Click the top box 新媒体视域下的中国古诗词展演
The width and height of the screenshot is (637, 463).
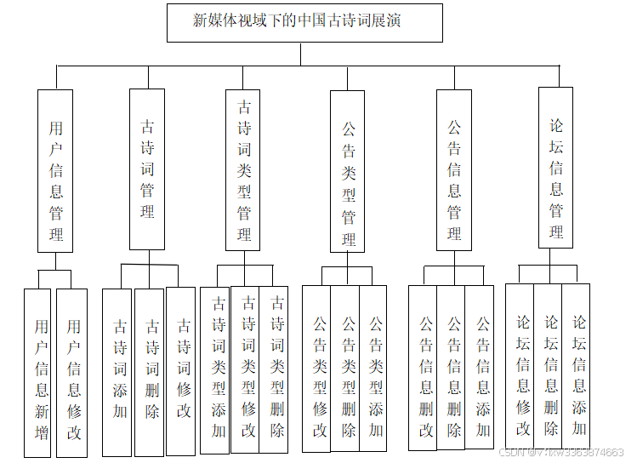tap(304, 22)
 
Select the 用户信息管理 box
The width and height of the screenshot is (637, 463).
tap(55, 170)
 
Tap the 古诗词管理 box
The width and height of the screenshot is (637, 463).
tap(147, 169)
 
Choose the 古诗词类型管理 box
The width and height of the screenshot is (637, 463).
tap(243, 169)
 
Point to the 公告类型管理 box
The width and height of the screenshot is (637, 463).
tap(348, 171)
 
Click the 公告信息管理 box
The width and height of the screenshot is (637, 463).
tap(454, 169)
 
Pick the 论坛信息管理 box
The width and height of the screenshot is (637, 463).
tap(555, 167)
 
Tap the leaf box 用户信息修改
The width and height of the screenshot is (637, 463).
tap(72, 373)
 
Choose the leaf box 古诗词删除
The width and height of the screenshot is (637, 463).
tap(150, 373)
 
